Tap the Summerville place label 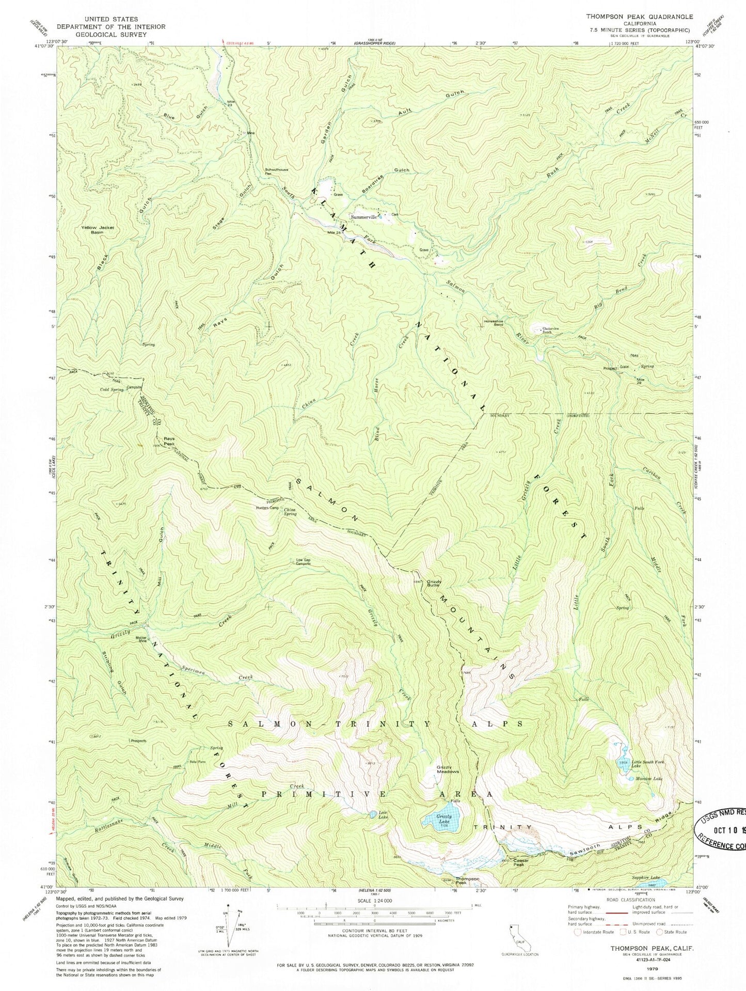pos(363,217)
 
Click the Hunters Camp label pos(267,508)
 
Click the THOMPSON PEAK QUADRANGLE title pos(639,17)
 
